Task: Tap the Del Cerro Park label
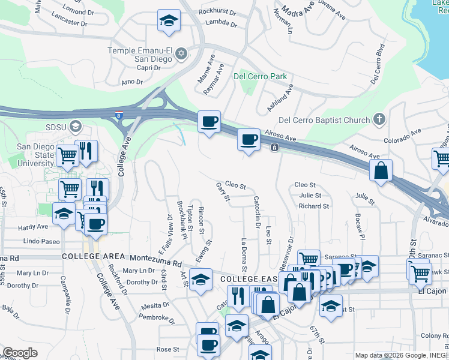tap(260, 76)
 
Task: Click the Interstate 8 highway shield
tap(120, 115)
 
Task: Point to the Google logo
tap(20, 353)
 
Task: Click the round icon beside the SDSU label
tap(76, 126)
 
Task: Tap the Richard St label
tap(313, 206)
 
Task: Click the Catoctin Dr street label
tap(257, 212)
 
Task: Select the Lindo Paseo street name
tap(41, 241)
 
